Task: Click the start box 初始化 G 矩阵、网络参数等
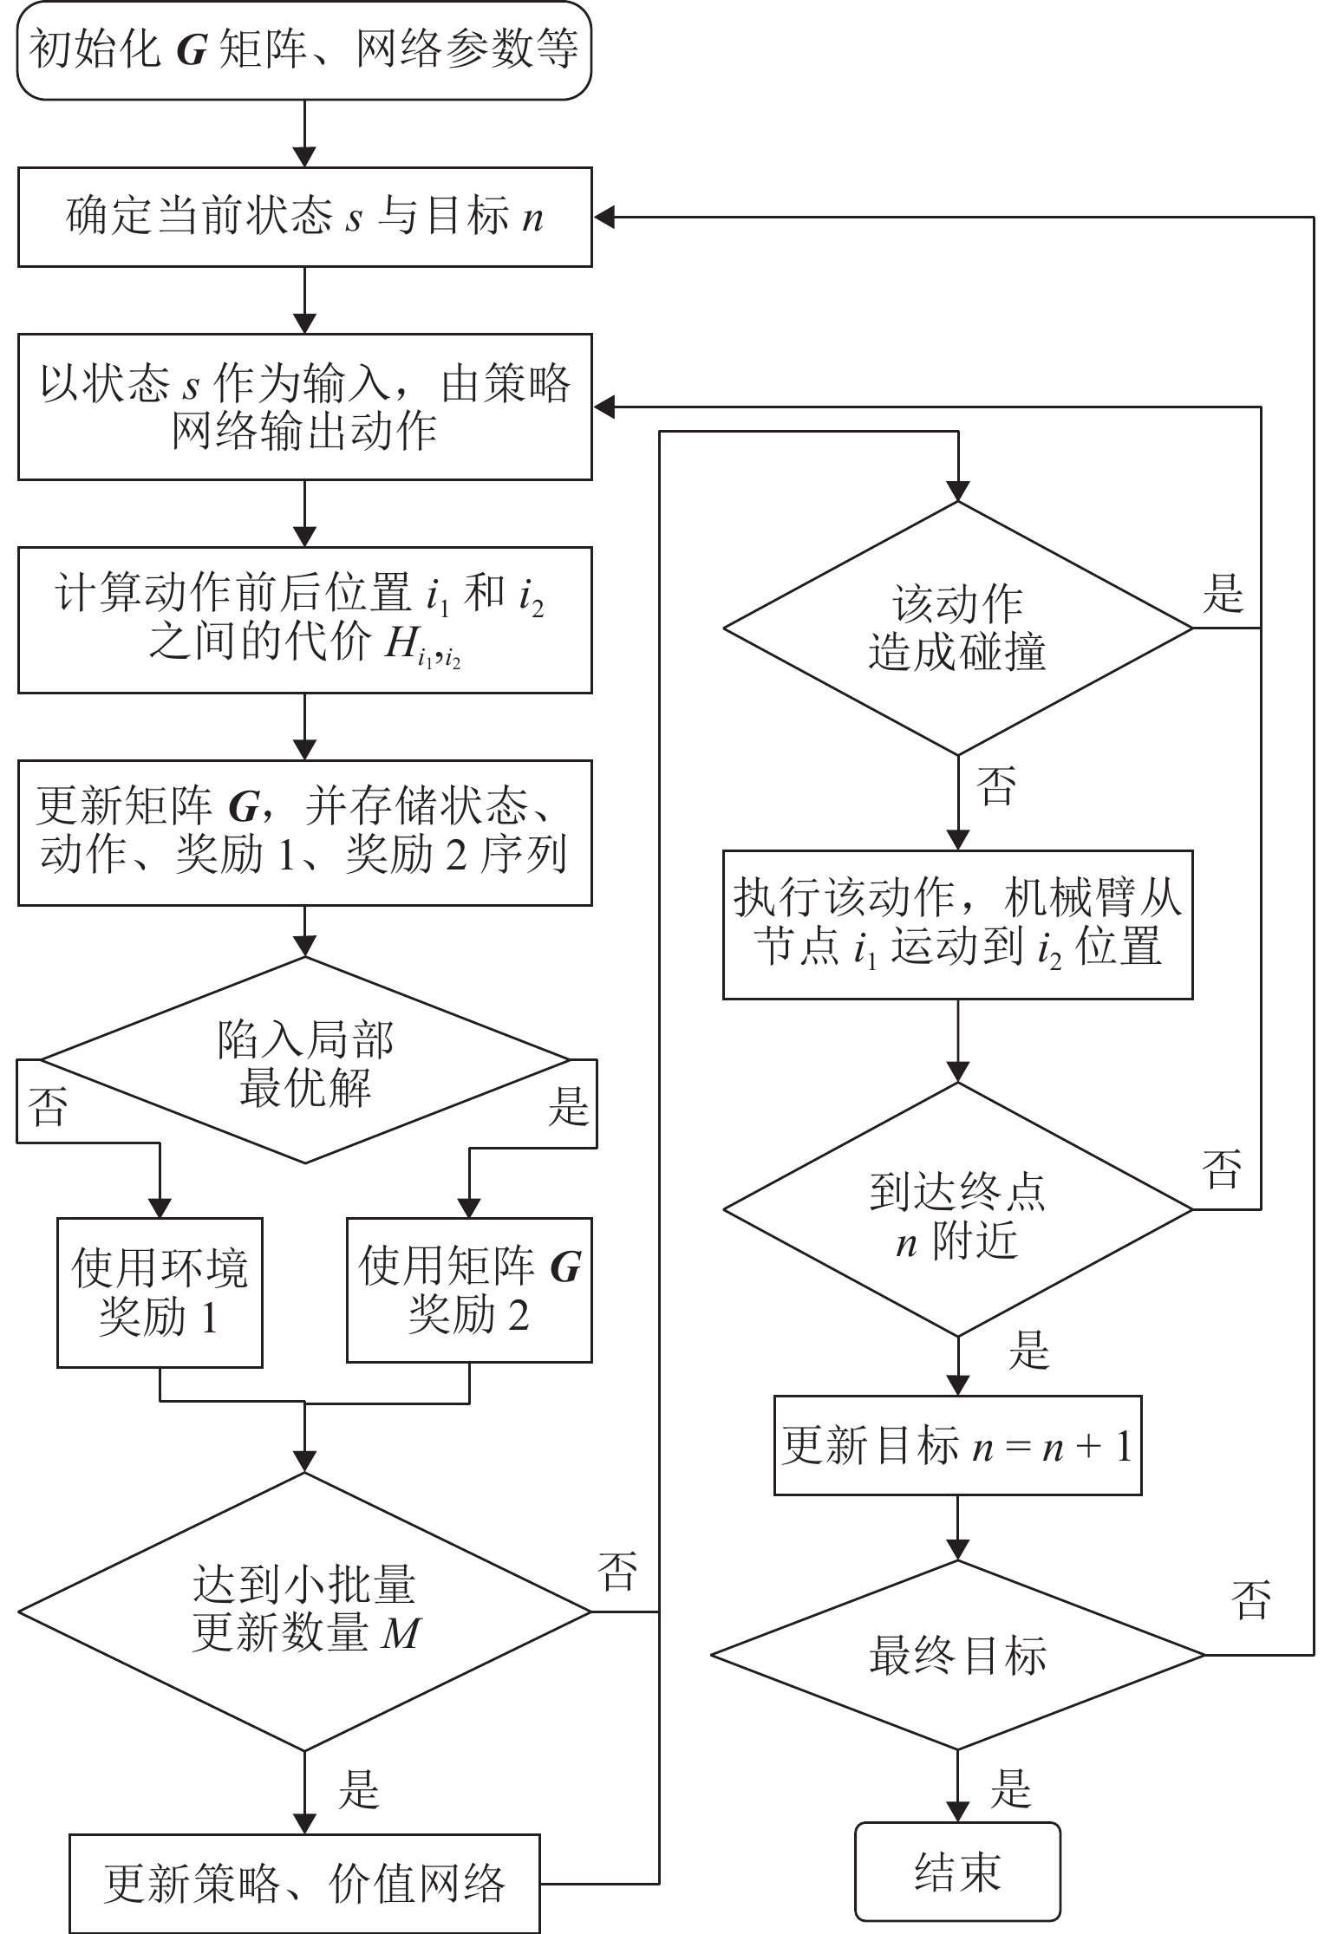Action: click(304, 50)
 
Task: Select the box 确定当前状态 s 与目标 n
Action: click(304, 217)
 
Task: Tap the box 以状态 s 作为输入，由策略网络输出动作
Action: click(304, 407)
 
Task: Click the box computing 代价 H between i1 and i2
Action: click(304, 619)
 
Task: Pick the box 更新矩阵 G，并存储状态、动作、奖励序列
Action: click(304, 832)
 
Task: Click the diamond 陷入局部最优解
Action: click(304, 1059)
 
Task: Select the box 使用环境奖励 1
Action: click(160, 1292)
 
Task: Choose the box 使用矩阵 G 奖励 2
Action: click(469, 1289)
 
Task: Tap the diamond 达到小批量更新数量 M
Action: click(304, 1612)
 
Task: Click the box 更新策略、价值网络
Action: click(304, 1883)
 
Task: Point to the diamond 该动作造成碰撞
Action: click(957, 628)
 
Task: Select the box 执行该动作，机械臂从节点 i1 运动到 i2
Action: click(957, 923)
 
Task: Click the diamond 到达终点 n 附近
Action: click(957, 1209)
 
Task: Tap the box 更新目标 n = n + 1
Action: click(957, 1445)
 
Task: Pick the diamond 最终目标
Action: click(957, 1654)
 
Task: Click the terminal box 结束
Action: click(957, 1872)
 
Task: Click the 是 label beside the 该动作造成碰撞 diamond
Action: click(1223, 595)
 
